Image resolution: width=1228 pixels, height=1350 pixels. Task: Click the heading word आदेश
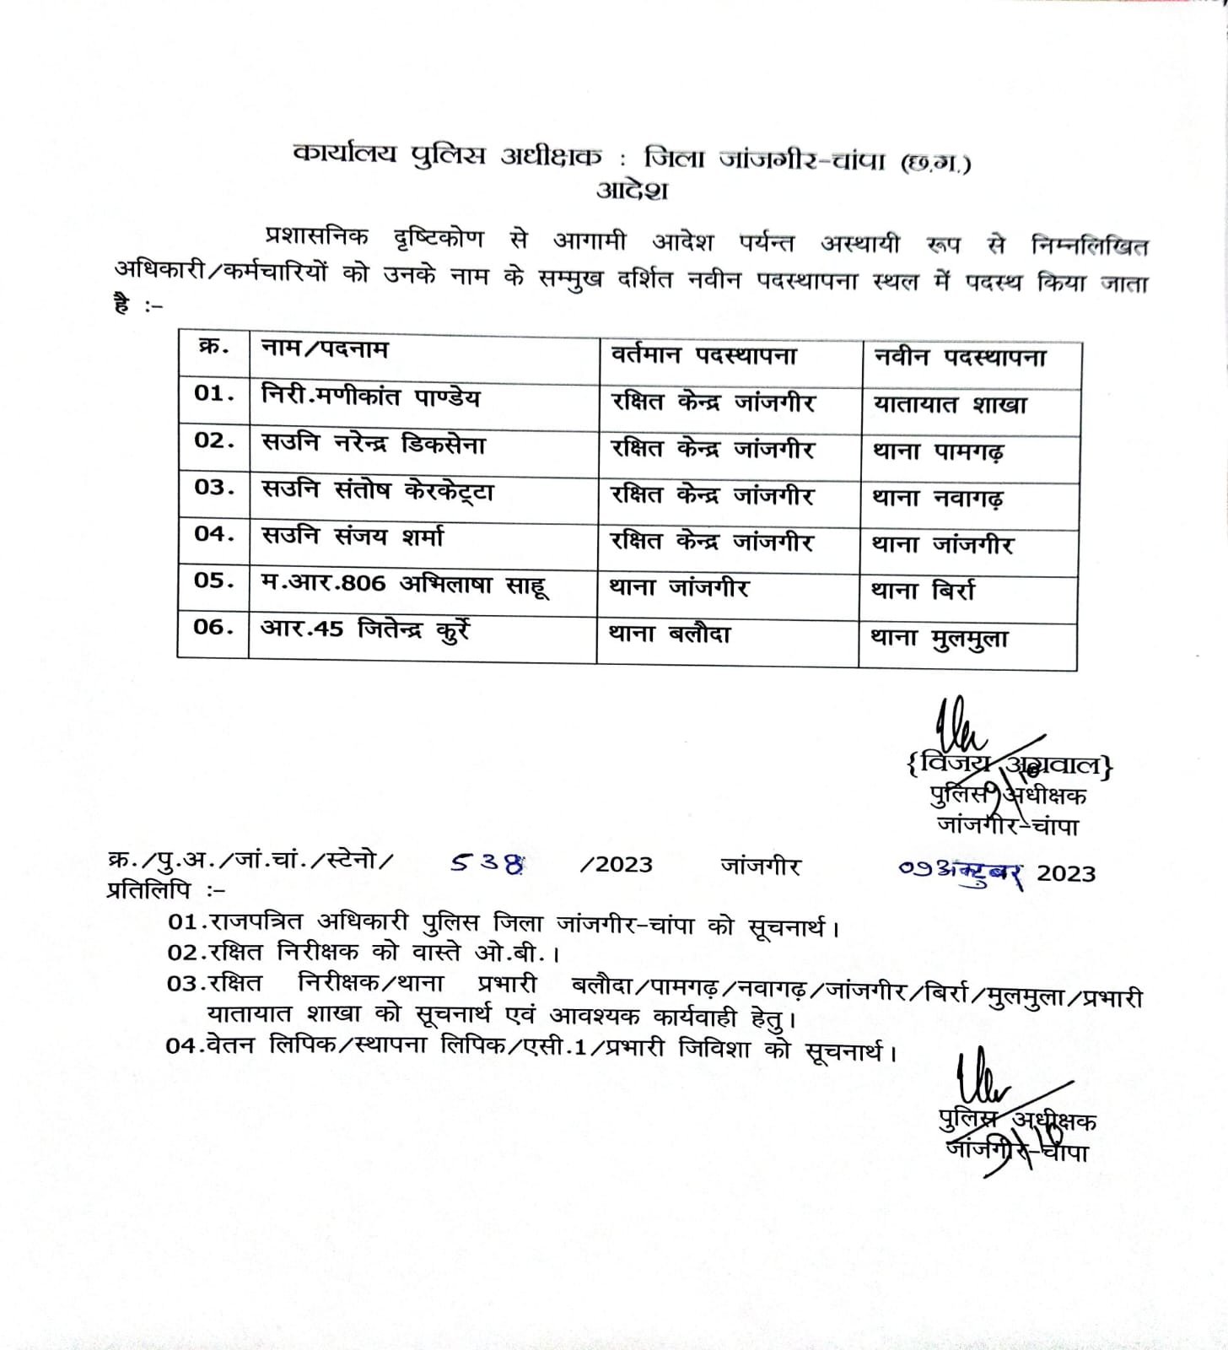point(632,190)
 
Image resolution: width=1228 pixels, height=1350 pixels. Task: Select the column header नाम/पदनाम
point(326,348)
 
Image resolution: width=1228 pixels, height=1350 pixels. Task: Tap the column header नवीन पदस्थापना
point(960,358)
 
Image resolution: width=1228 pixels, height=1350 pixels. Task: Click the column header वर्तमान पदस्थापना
point(703,355)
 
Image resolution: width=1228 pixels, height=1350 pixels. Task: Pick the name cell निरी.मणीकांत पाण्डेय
point(371,396)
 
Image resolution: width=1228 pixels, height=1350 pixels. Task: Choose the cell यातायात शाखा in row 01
point(951,405)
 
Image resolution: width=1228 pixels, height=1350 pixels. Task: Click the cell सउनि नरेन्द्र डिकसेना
point(374,444)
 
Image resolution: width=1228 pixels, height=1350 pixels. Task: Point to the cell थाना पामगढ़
point(938,452)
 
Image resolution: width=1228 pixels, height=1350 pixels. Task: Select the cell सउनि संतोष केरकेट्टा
point(377,490)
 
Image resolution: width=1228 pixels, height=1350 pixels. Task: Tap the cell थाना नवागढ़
point(938,499)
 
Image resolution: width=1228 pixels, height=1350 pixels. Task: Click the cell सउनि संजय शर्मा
point(353,537)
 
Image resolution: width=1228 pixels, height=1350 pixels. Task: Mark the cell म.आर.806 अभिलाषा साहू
point(405,584)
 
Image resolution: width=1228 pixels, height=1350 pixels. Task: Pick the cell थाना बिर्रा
point(923,591)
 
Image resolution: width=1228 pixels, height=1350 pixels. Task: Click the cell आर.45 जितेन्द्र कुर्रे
point(365,630)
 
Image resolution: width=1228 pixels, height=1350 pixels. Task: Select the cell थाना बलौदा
point(670,634)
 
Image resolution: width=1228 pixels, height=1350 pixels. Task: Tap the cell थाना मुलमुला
point(940,639)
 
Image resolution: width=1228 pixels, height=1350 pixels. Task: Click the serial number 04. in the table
point(214,534)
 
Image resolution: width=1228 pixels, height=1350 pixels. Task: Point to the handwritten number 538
point(487,863)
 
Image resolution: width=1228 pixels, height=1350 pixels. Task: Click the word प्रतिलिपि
point(148,890)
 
